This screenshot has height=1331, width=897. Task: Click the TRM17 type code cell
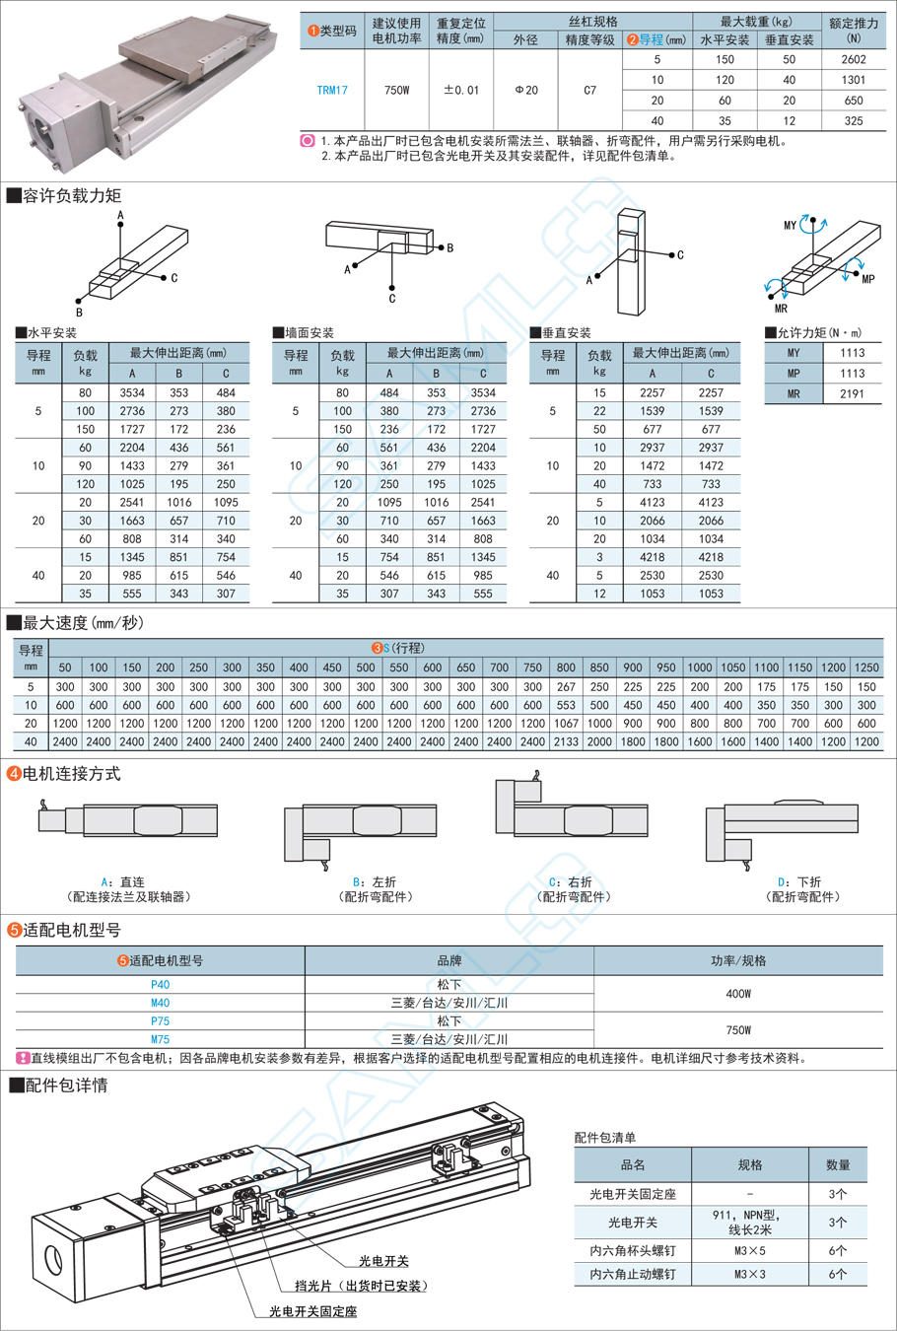point(332,90)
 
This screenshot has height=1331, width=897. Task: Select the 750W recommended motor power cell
point(396,90)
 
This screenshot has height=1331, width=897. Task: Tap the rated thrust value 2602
point(854,60)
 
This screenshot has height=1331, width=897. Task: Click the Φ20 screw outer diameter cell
point(526,90)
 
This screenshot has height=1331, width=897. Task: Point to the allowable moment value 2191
point(853,394)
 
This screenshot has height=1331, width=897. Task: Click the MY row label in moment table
point(793,353)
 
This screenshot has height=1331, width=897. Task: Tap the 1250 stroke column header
point(866,667)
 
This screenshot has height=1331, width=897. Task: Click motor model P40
point(160,985)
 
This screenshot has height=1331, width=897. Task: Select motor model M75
point(160,1039)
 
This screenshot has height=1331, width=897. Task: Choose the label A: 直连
point(123,882)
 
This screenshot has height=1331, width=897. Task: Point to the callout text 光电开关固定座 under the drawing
point(313,1311)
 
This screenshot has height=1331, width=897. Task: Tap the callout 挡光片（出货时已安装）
point(361,1286)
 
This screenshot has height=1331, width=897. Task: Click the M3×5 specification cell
point(749,1250)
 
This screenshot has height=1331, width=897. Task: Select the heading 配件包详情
point(66,1086)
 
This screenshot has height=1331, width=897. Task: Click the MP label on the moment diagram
point(867,279)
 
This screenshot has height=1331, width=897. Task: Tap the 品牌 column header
point(449,960)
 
